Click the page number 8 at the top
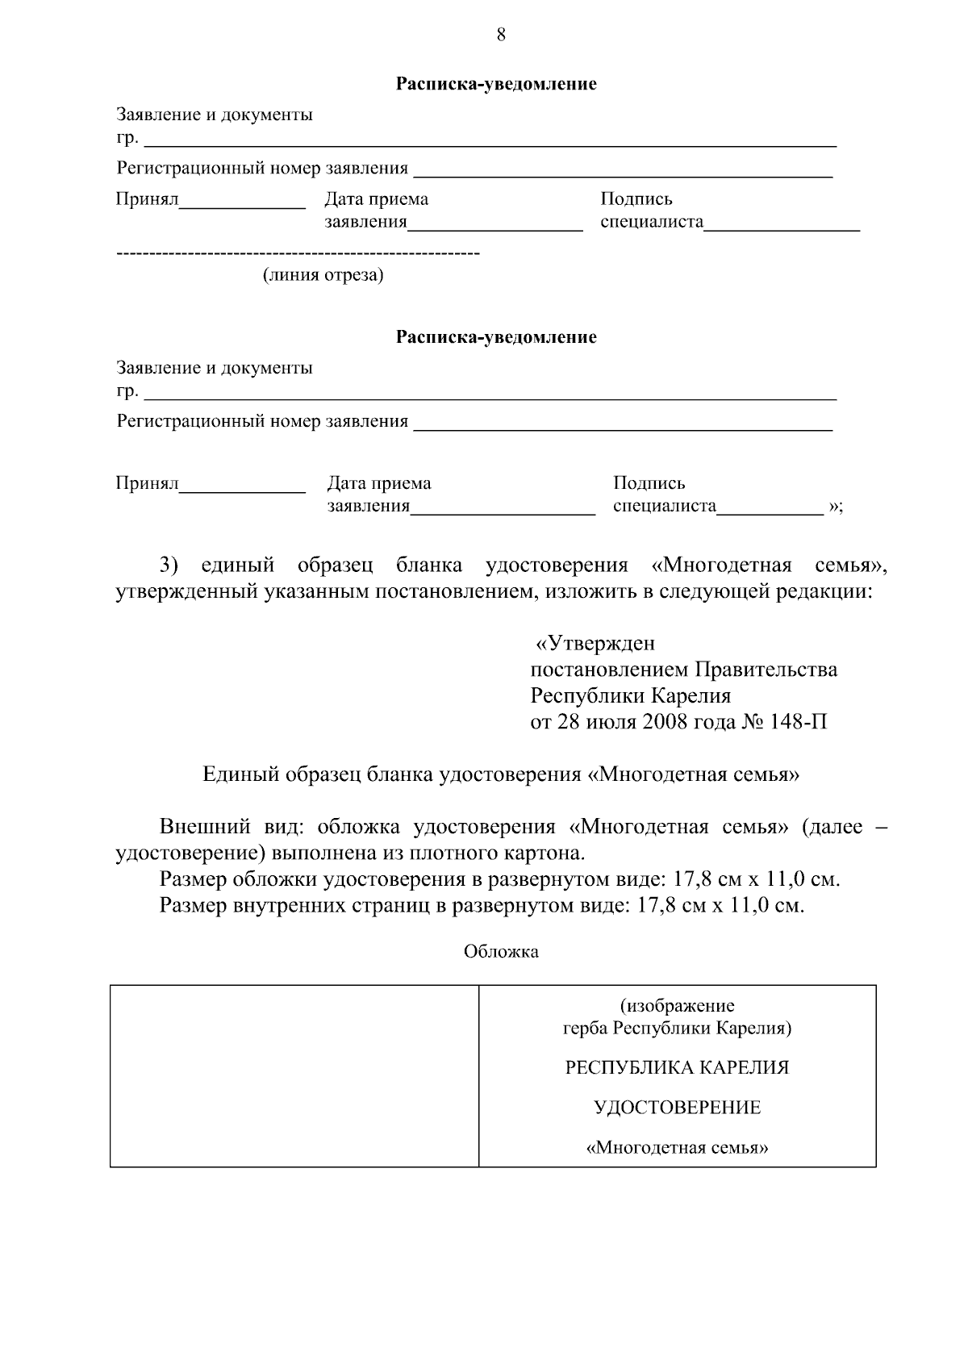point(501,34)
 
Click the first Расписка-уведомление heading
point(495,84)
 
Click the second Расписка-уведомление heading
point(495,337)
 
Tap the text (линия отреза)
point(323,276)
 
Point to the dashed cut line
point(298,254)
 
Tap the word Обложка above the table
point(501,952)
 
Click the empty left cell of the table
point(294,1075)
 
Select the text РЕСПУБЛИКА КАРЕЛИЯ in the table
point(677,1068)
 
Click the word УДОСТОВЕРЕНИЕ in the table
point(677,1108)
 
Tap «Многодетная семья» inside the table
point(677,1148)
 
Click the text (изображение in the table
point(677,1006)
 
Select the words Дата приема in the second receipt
point(378,483)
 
